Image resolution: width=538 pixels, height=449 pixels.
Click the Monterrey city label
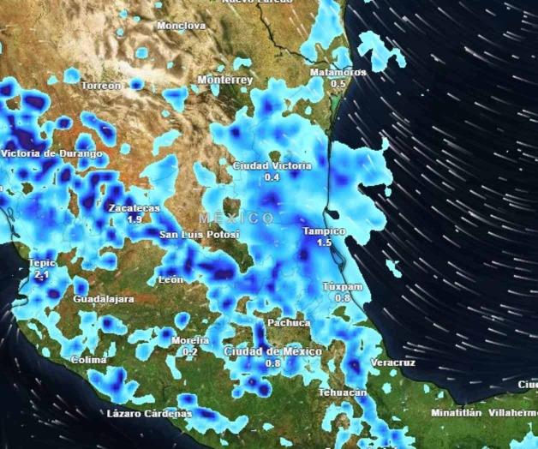tap(225, 80)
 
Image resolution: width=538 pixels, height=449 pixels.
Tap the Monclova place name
tap(182, 26)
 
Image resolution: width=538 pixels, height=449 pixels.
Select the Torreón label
tap(101, 87)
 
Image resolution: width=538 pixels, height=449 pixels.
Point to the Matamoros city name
tap(338, 73)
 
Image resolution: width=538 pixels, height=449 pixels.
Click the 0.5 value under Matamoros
tap(338, 84)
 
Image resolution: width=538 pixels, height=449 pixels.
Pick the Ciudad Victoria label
tap(272, 165)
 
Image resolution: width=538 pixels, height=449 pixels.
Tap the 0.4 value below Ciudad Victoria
tap(272, 177)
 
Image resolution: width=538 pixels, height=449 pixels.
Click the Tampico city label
tap(324, 231)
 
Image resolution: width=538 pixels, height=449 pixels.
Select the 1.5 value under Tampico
tap(324, 243)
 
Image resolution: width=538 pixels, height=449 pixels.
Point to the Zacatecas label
tap(134, 208)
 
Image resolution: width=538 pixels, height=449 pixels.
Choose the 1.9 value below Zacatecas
tap(134, 220)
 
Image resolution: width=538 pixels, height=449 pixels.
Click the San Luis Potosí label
tap(200, 235)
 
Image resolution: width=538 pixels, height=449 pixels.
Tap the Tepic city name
tap(41, 264)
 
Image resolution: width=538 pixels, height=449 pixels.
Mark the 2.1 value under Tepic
tap(41, 275)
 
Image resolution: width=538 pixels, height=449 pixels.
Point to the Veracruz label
tap(393, 363)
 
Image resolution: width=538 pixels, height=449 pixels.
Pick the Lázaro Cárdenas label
tap(149, 414)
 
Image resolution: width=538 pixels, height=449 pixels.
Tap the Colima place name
tap(89, 360)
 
